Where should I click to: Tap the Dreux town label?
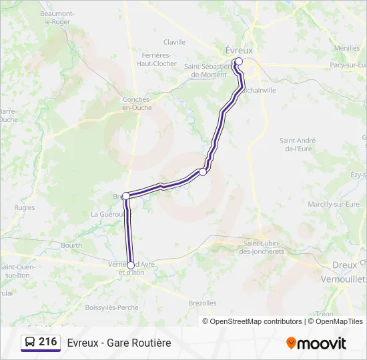click(x=344, y=265)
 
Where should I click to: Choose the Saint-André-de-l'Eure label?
click(x=298, y=144)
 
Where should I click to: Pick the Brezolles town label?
click(x=202, y=303)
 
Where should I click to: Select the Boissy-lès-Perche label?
click(x=112, y=307)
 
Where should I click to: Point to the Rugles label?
click(x=24, y=208)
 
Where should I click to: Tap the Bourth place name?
click(x=71, y=245)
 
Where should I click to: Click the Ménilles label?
click(x=347, y=48)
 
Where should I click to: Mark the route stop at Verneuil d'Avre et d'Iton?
click(x=131, y=265)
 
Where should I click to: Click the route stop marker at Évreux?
click(x=239, y=61)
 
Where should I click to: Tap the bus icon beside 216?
click(x=30, y=342)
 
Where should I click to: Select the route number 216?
click(x=47, y=342)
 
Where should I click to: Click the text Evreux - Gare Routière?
click(x=119, y=343)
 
